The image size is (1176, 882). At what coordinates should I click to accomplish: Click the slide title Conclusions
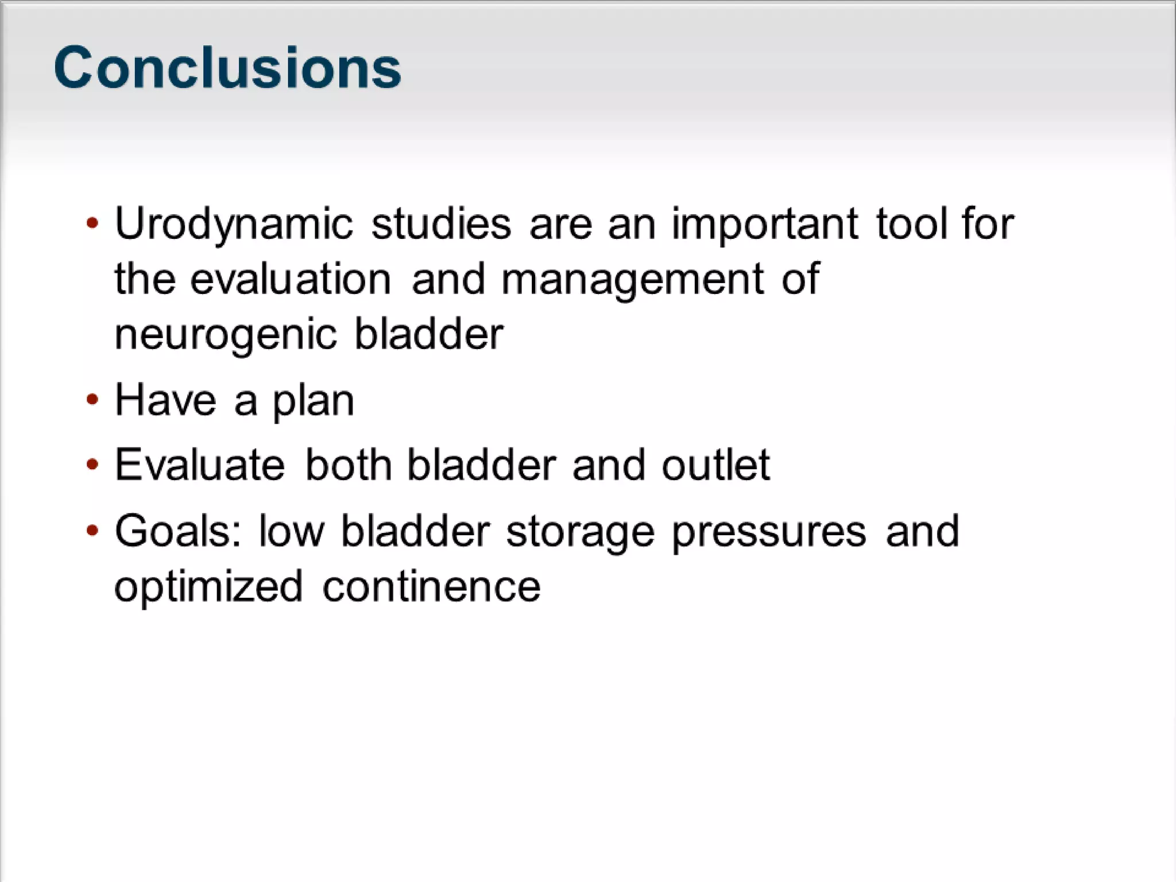coord(227,68)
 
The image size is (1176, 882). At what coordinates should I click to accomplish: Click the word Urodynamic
coord(233,225)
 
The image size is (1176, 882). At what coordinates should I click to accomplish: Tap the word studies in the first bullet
coord(440,223)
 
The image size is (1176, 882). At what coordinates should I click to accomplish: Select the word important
coord(765,225)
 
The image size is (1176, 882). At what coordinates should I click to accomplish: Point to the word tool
coord(911,223)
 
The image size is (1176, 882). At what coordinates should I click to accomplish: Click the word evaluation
coord(291,279)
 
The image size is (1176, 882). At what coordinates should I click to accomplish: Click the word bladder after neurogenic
coord(428,334)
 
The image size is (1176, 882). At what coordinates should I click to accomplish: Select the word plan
coord(313,401)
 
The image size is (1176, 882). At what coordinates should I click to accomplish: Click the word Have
coord(165,400)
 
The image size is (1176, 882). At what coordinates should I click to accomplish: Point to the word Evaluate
coord(199,465)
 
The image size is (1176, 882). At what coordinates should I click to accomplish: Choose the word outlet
coord(715,465)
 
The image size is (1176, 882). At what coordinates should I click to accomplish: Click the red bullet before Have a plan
coord(92,399)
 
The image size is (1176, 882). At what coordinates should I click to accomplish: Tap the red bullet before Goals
coord(92,530)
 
